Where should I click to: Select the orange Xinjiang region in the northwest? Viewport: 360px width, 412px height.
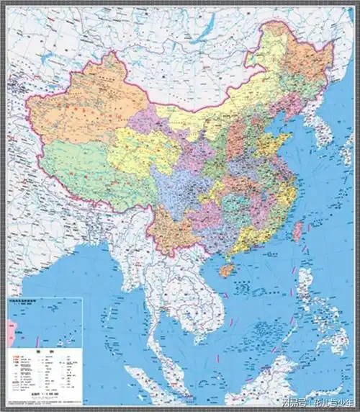click(x=79, y=115)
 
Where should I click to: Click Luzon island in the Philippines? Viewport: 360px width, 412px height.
click(x=310, y=288)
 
